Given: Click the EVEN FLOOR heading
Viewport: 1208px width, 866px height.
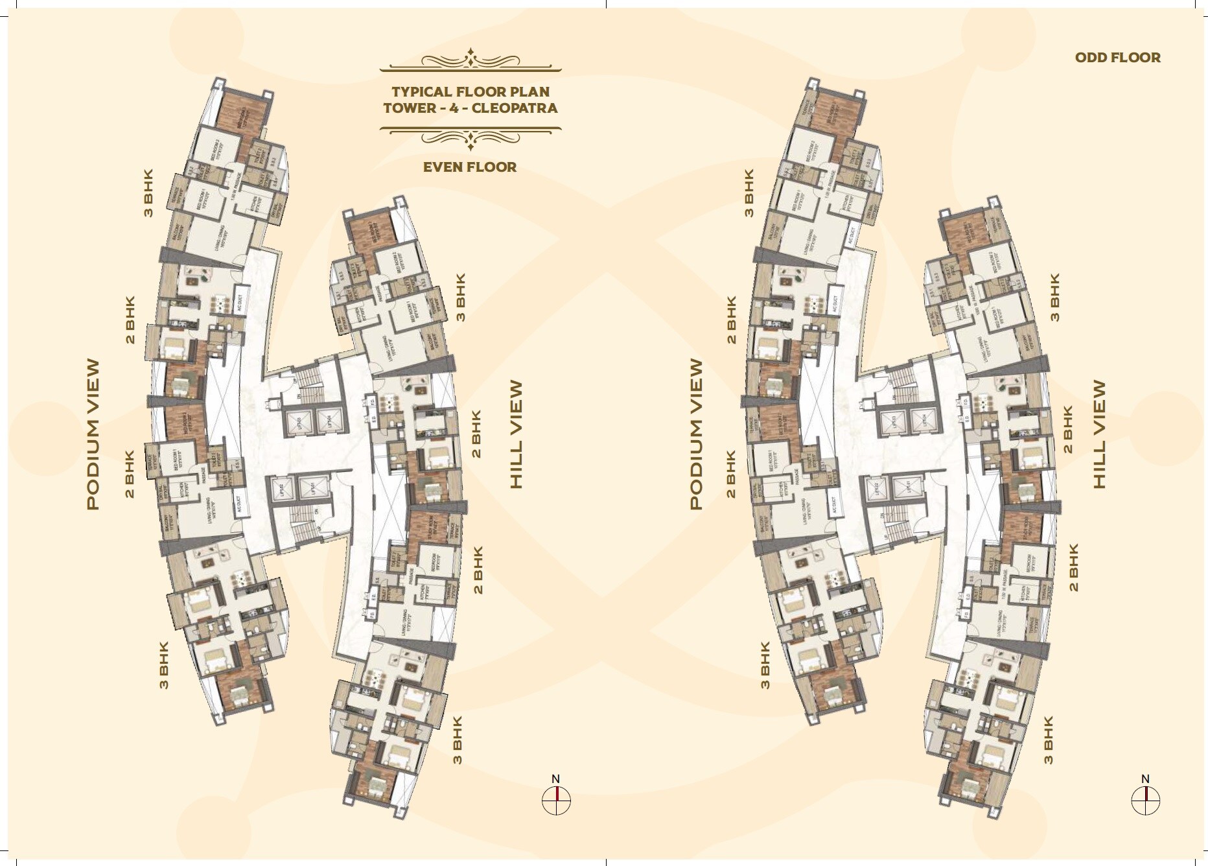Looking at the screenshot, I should point(470,167).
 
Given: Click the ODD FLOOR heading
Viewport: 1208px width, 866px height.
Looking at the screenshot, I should point(1118,58).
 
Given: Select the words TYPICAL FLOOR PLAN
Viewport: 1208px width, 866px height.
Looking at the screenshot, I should point(470,92).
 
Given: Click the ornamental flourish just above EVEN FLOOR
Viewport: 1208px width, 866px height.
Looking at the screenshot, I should point(470,137).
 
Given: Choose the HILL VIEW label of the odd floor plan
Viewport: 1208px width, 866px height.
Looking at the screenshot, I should point(1099,434).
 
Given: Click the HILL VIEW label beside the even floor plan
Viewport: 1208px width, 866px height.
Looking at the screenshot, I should point(516,434).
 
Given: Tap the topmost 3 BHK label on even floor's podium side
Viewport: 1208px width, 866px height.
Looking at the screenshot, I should point(149,193).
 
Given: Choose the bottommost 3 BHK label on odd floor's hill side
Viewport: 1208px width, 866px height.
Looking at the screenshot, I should point(1049,740).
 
